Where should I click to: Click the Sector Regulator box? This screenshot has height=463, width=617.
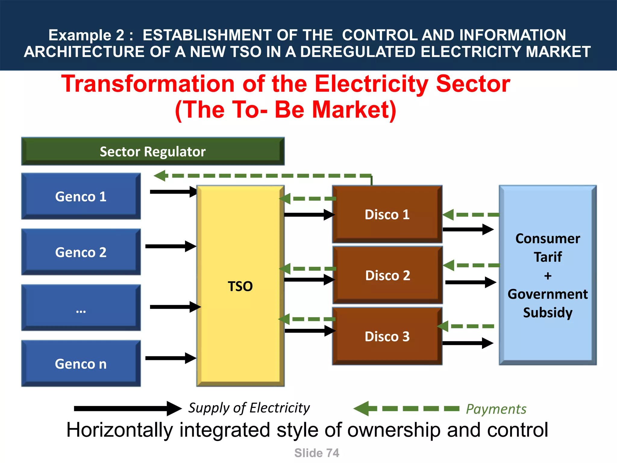tap(153, 151)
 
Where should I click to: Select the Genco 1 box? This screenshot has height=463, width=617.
tap(81, 196)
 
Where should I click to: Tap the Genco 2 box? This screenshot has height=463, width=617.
tap(81, 252)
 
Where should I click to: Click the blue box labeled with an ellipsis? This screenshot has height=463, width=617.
tap(81, 308)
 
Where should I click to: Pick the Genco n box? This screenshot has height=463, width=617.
tap(81, 364)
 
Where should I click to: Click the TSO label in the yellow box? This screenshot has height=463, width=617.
tap(240, 286)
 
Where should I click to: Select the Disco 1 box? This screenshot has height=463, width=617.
tap(387, 214)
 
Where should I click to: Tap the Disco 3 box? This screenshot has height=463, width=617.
tap(387, 336)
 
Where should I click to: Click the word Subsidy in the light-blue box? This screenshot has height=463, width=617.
tap(547, 312)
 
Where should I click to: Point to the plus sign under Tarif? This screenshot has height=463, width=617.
tap(548, 276)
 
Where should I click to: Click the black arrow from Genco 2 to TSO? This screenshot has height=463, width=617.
tap(171, 246)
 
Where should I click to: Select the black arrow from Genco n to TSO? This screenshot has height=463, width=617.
tap(171, 358)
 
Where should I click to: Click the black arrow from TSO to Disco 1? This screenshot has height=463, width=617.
tap(309, 215)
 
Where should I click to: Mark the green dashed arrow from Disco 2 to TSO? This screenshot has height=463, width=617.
tap(307, 269)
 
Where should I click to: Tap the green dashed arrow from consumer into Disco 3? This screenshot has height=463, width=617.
tap(465, 326)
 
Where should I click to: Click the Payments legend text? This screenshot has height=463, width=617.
tap(496, 409)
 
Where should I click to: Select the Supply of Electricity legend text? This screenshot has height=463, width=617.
tap(249, 408)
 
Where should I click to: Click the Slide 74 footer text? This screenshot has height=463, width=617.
tap(317, 453)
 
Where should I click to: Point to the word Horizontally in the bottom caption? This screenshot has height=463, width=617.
tap(119, 430)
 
